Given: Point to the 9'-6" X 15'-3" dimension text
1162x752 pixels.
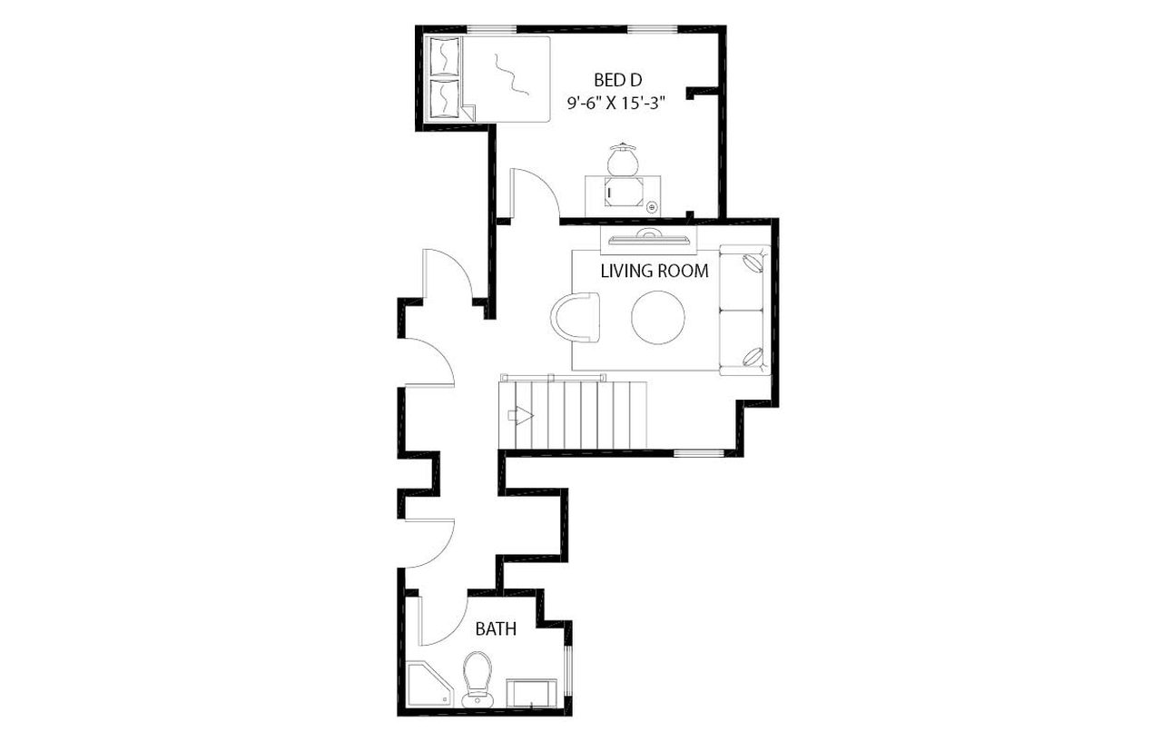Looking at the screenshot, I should pyautogui.click(x=617, y=103).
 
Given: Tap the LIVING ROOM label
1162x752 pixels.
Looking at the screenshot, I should pyautogui.click(x=655, y=271).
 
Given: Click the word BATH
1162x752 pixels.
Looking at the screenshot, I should pyautogui.click(x=497, y=628).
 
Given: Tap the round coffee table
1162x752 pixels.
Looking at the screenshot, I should pyautogui.click(x=659, y=317).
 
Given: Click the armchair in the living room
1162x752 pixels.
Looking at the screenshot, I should pyautogui.click(x=576, y=316).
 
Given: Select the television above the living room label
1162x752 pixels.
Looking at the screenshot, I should pyautogui.click(x=649, y=239).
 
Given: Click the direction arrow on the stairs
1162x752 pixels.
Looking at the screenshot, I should pyautogui.click(x=522, y=416).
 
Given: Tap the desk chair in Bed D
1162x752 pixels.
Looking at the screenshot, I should pyautogui.click(x=624, y=160).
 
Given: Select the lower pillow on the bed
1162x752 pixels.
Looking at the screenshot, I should pyautogui.click(x=444, y=98).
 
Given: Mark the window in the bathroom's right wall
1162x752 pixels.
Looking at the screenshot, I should pyautogui.click(x=569, y=673).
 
